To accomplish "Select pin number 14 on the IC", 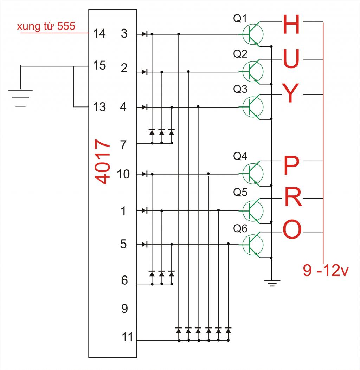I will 99,34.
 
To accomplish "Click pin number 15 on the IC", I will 99,65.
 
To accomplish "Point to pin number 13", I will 99,107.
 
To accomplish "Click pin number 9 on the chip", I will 124,309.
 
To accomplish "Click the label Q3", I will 240,89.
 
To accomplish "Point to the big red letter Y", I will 290,95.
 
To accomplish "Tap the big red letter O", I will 292,230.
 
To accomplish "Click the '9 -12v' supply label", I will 326,271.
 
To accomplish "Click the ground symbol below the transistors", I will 272,283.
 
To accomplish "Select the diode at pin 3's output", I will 144,34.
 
